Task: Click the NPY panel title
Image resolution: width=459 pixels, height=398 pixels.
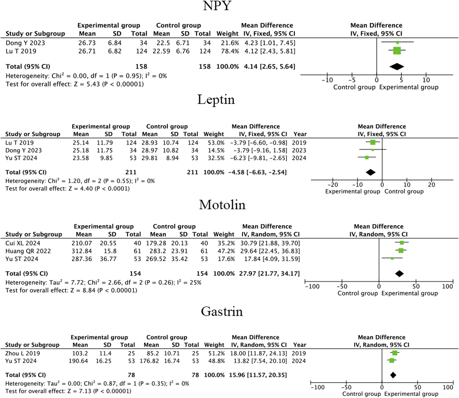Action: pyautogui.click(x=217, y=6)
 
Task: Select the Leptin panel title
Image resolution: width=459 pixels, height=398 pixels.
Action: pyautogui.click(x=216, y=100)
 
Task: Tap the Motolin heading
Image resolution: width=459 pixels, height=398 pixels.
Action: pyautogui.click(x=222, y=205)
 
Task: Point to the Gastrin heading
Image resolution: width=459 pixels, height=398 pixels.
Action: pyautogui.click(x=222, y=311)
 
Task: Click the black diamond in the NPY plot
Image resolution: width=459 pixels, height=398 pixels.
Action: pyautogui.click(x=397, y=67)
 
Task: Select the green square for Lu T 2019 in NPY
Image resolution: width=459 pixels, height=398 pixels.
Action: pyautogui.click(x=397, y=51)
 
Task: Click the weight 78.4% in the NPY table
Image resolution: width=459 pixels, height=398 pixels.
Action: pyautogui.click(x=228, y=51)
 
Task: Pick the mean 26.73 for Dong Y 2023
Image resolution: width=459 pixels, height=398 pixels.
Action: pyautogui.click(x=87, y=43)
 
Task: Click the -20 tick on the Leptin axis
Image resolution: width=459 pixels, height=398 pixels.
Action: pyautogui.click(x=333, y=185)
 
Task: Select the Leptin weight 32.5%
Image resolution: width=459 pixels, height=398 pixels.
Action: pyautogui.click(x=216, y=158)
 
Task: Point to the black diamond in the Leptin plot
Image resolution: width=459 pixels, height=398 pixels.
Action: pyautogui.click(x=370, y=172)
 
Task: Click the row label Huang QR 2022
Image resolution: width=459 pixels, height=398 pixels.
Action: pyautogui.click(x=28, y=251)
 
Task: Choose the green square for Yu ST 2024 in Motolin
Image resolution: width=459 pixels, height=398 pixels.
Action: pyautogui.click(x=392, y=258)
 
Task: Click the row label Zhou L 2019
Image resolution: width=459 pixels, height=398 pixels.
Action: pyautogui.click(x=23, y=353)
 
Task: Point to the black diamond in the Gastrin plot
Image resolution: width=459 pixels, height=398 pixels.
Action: pyautogui.click(x=393, y=375)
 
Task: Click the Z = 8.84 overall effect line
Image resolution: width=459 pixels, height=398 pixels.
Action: pyautogui.click(x=71, y=290)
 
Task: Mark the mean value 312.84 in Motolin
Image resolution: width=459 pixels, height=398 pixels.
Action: pyautogui.click(x=82, y=251)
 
